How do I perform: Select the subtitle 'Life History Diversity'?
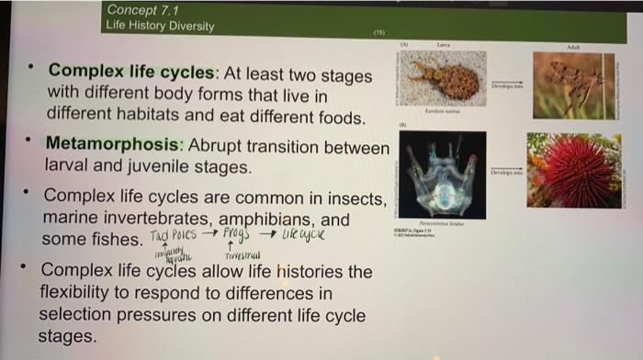(x=160, y=26)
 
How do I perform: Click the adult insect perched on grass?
(x=575, y=85)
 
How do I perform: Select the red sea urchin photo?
(x=575, y=171)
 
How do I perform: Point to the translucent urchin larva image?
(x=444, y=174)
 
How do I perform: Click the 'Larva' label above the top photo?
(x=444, y=44)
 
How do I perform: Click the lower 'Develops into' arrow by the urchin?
(x=506, y=171)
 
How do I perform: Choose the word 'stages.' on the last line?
(x=67, y=336)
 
